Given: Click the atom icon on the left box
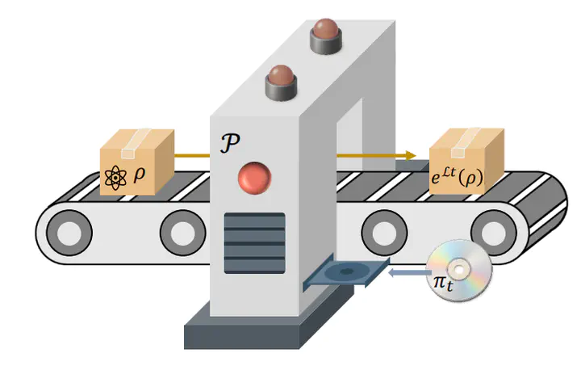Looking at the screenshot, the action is point(115,178).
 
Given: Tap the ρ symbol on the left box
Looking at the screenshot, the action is point(139,175).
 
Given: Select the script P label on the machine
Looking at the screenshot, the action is point(230,143).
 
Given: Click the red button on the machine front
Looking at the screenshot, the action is point(254,178).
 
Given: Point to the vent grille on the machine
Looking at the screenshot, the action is point(254,243).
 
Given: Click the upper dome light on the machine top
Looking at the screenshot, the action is point(326,36).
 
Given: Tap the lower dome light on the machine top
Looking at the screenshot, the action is point(282,82).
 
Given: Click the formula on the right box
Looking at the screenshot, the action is point(457,177).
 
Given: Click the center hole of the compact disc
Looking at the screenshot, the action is point(458,270).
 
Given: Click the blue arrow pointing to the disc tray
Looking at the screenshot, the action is point(409,273).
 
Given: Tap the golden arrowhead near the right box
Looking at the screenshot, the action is point(411,155).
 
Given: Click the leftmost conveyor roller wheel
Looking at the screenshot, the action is point(69,233).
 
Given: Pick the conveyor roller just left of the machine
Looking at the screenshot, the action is point(183,233).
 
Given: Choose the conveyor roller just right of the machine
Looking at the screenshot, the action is point(384,233).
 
